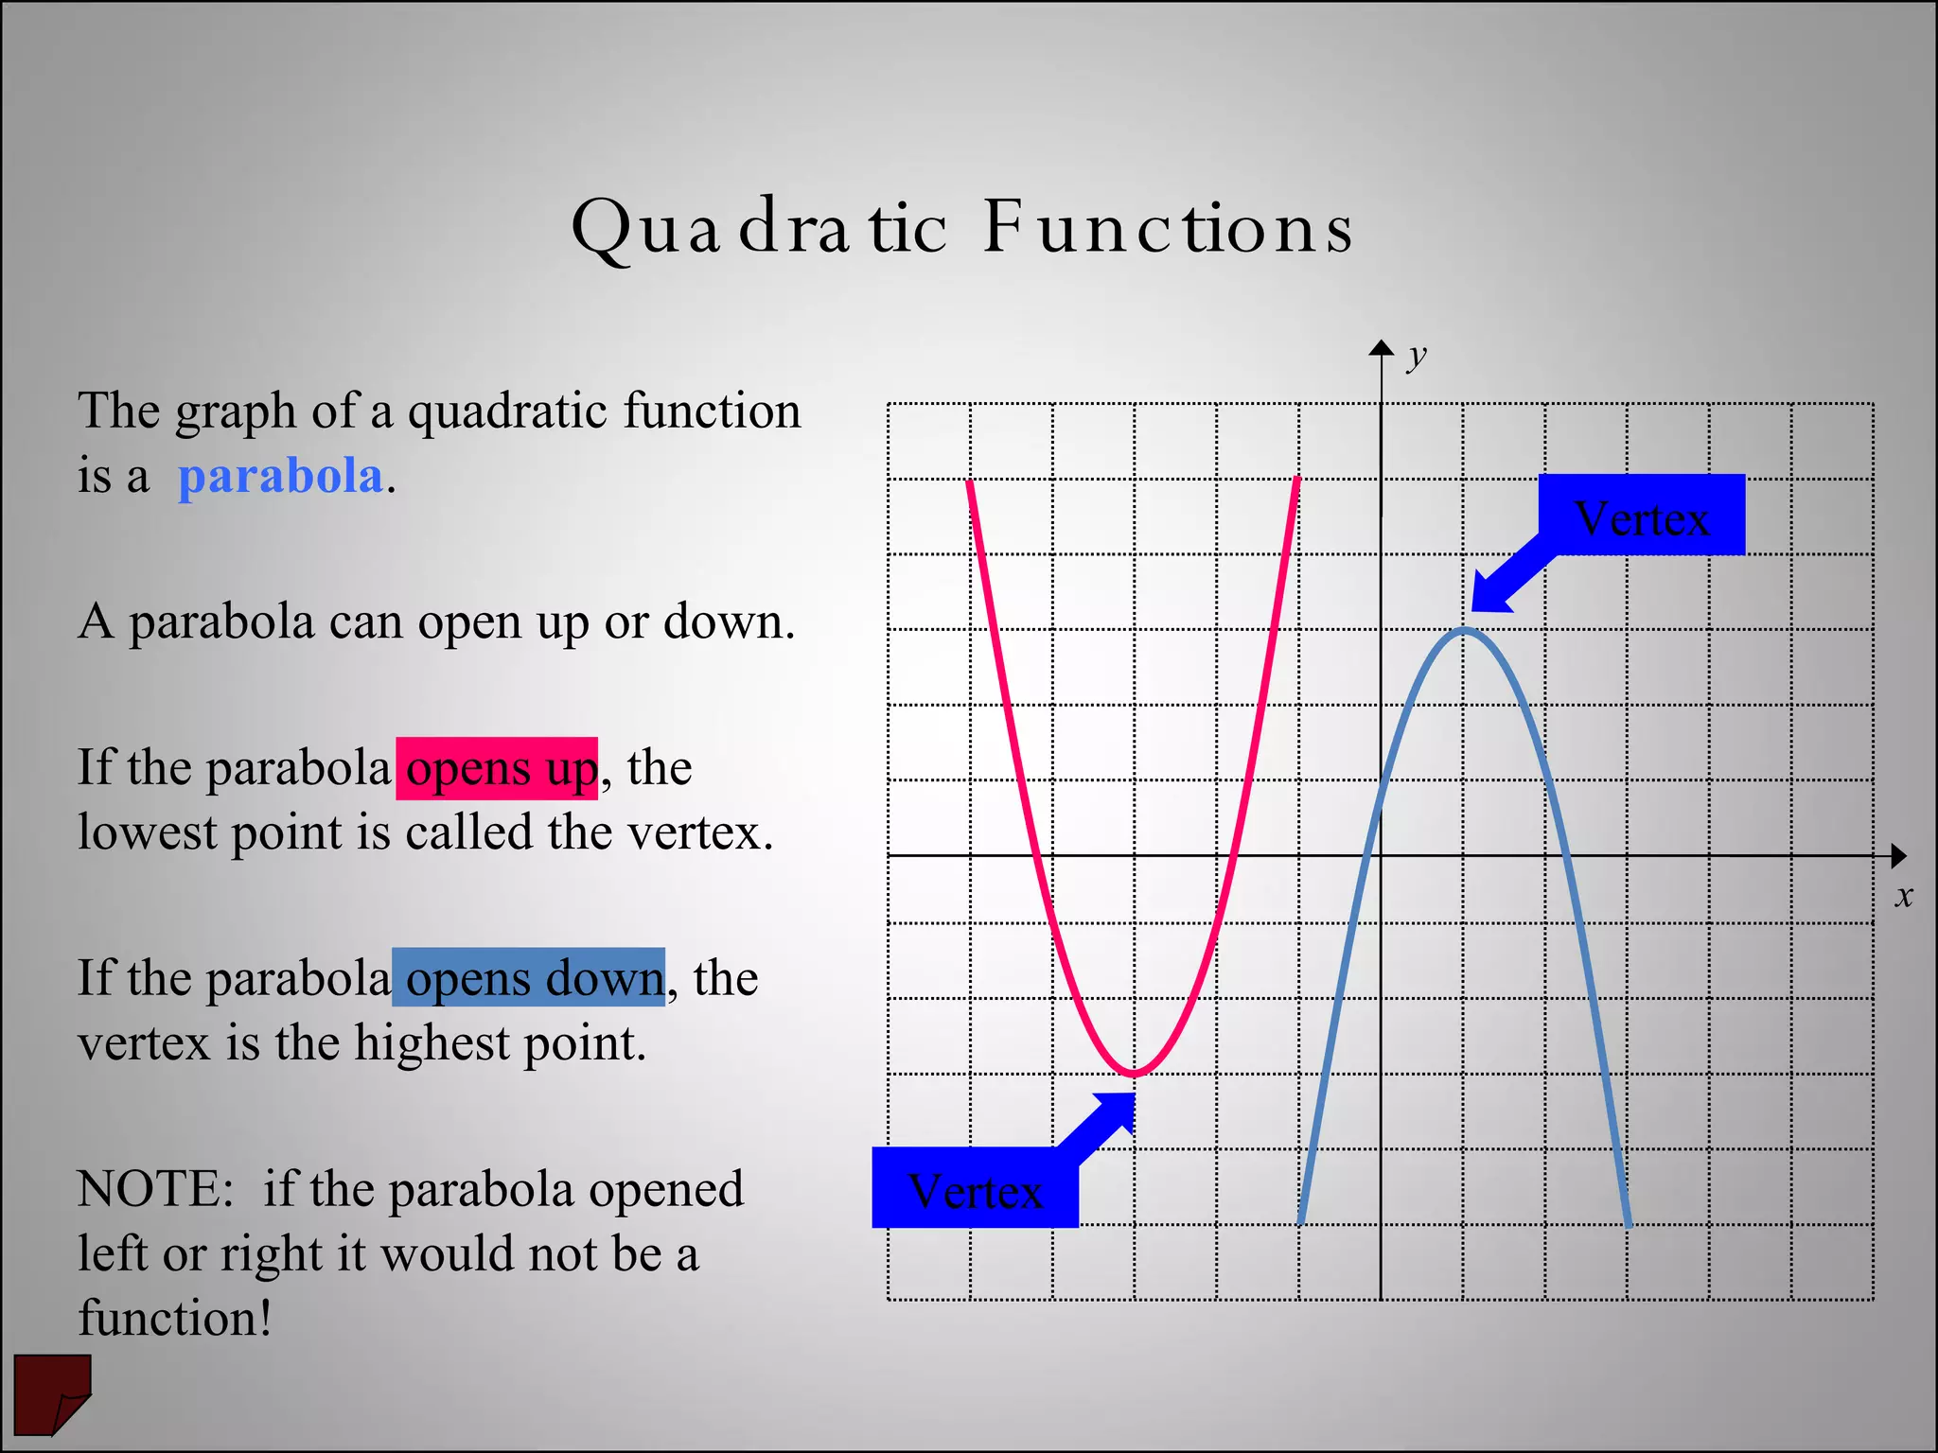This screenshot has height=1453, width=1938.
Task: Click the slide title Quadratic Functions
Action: [961, 228]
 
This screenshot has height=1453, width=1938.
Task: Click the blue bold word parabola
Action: [280, 475]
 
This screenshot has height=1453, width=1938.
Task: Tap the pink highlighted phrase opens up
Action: [497, 768]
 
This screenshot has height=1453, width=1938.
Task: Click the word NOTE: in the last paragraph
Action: [155, 1188]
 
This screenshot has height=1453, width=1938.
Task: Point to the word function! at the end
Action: [175, 1318]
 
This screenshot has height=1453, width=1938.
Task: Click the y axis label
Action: [1416, 357]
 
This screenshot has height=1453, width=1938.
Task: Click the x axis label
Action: [1903, 896]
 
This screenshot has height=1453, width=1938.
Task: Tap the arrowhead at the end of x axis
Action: [1897, 856]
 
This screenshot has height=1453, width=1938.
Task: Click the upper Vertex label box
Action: [1641, 516]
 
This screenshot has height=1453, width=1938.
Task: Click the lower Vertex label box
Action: [975, 1188]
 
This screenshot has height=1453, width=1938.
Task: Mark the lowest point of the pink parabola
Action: [1134, 1074]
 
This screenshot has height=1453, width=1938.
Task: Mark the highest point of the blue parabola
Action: [1464, 630]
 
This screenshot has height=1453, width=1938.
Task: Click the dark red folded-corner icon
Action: [52, 1393]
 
